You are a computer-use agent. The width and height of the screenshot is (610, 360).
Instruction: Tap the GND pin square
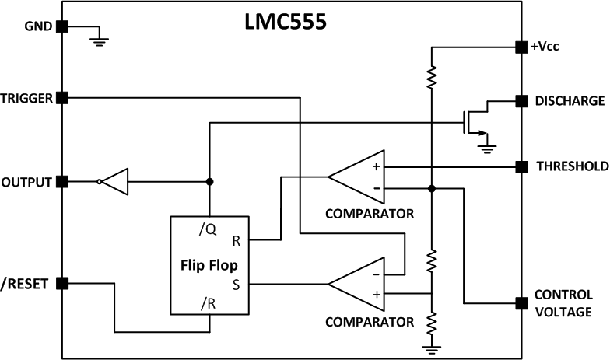(x=63, y=26)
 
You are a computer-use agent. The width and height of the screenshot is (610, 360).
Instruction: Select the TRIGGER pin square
(x=63, y=98)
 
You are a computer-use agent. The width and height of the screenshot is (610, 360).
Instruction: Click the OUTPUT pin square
(x=63, y=182)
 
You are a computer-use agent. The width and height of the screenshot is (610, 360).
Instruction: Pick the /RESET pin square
(x=63, y=284)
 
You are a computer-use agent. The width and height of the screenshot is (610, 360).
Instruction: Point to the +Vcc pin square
(x=520, y=47)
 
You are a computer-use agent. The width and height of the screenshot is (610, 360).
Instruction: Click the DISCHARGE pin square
(x=520, y=100)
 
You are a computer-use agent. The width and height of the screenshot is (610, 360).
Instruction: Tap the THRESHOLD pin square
(x=520, y=166)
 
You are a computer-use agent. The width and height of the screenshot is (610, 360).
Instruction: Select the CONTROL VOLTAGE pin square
(x=520, y=302)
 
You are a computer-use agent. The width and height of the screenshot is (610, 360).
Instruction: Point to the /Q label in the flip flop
(x=207, y=229)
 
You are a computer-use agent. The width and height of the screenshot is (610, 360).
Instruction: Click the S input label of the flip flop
(x=236, y=285)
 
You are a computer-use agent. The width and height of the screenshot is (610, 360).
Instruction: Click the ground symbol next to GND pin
(x=98, y=40)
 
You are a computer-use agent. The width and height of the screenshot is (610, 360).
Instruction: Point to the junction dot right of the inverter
(x=209, y=182)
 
